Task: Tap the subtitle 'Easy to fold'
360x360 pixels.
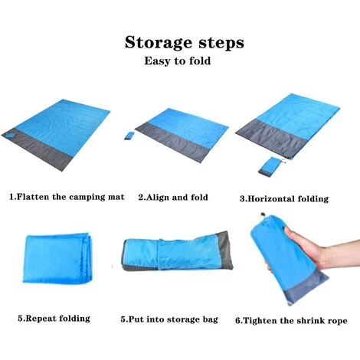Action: coord(178,61)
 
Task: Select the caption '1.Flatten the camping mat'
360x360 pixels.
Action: coord(66,197)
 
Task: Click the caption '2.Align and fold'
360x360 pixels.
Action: coord(173,197)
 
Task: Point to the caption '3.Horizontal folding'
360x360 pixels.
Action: coord(283,198)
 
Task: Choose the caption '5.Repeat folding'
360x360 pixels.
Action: coord(53,318)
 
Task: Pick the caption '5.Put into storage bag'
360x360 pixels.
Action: coord(169,319)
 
